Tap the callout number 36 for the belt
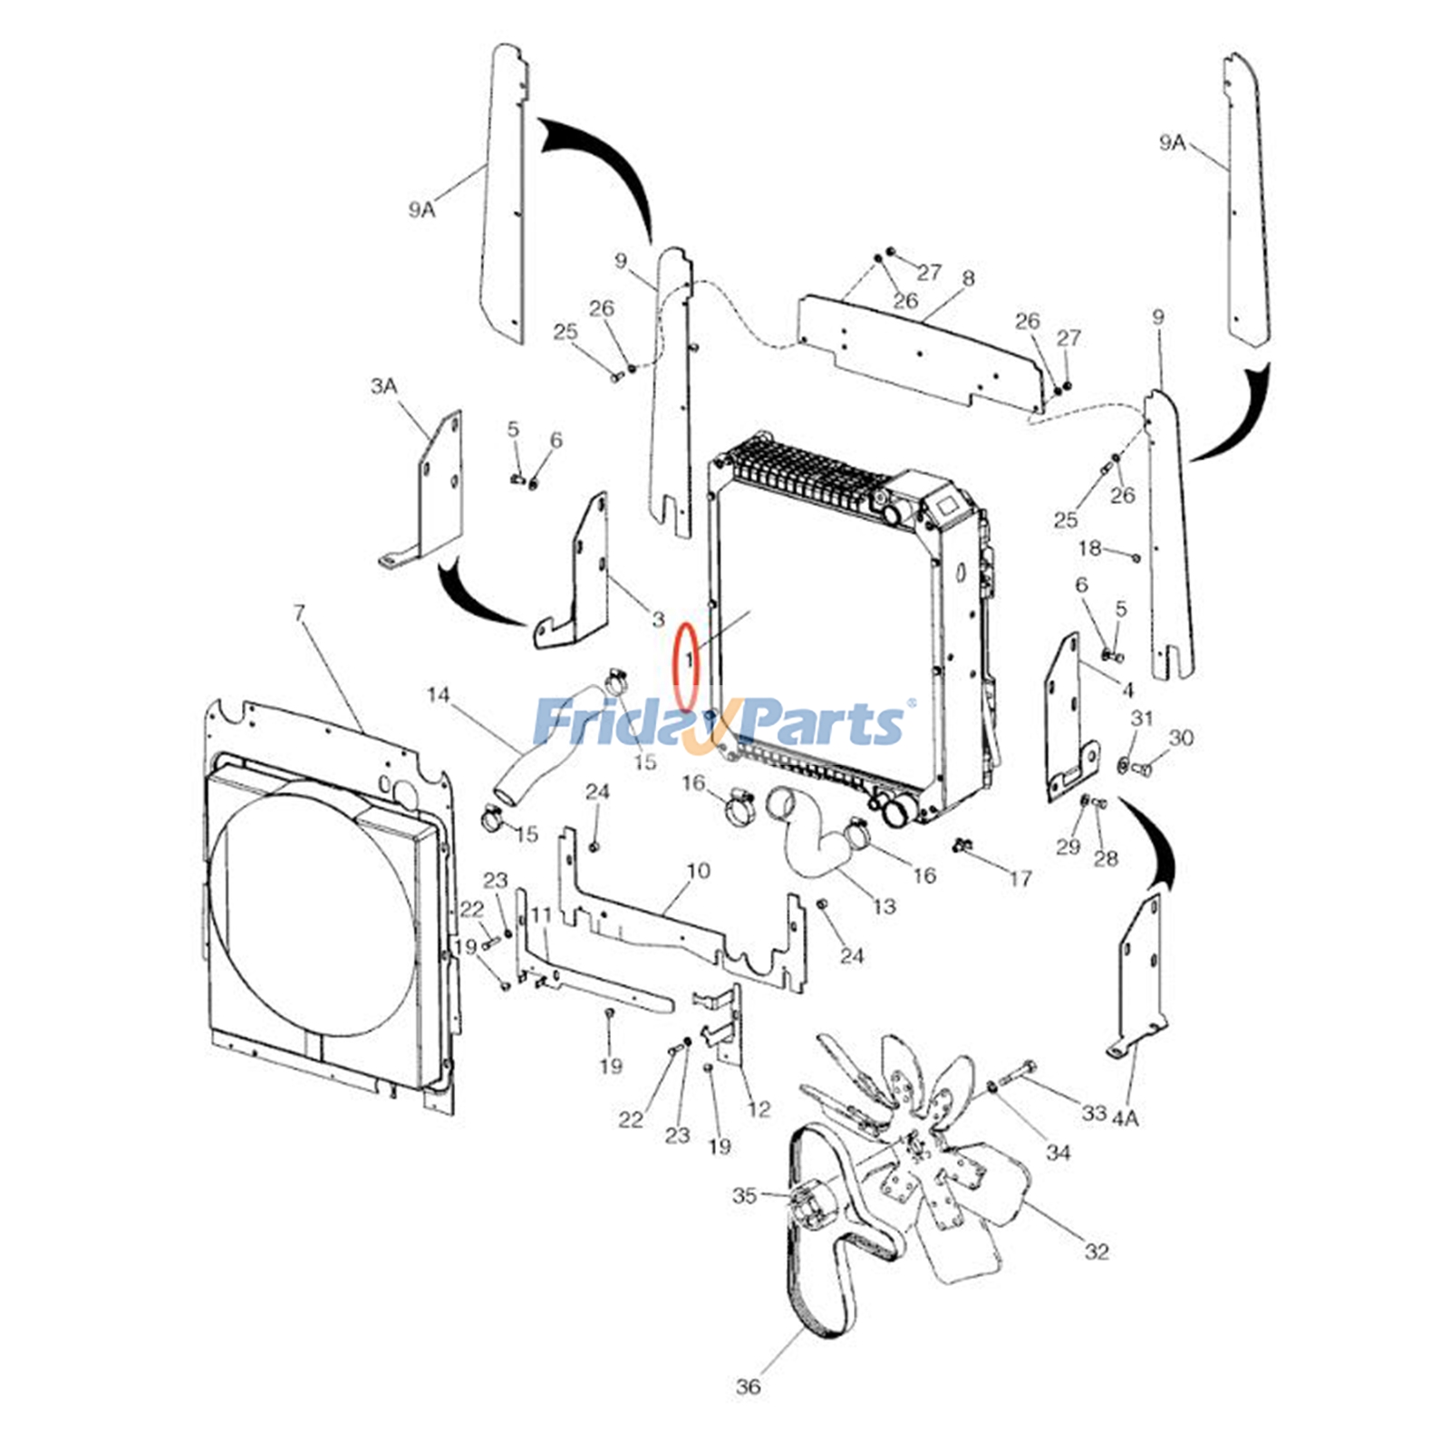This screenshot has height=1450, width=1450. [748, 1387]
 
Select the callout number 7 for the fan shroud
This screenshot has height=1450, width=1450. [300, 614]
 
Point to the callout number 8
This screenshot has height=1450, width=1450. [969, 277]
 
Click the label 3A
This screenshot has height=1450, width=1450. [383, 386]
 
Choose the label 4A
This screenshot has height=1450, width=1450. [1125, 1118]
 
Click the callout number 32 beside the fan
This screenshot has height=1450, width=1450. [1097, 1252]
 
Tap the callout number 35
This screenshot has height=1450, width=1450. [744, 1195]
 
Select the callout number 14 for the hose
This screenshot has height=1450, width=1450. [438, 695]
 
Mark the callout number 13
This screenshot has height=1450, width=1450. [884, 906]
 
